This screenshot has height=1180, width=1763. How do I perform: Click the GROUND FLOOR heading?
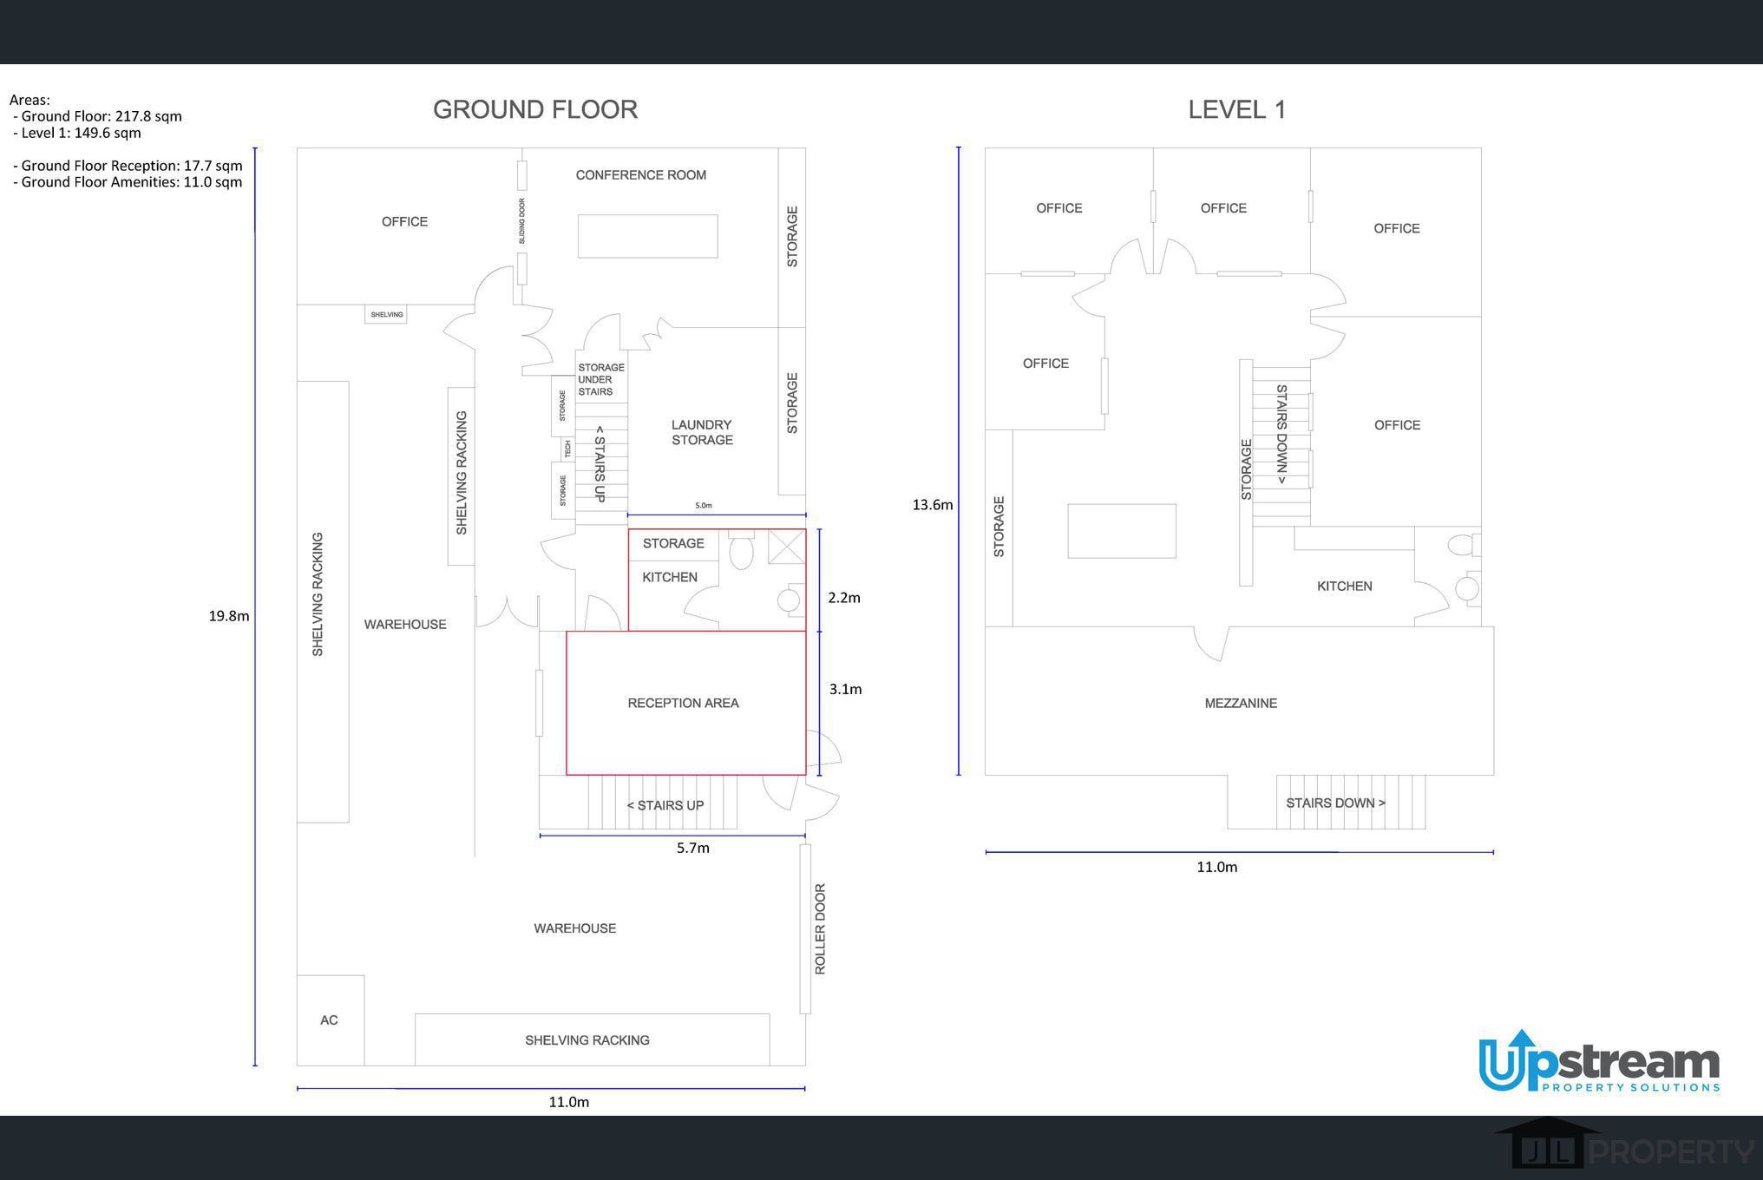(x=535, y=109)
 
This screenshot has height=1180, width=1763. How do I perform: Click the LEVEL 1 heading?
(x=1236, y=109)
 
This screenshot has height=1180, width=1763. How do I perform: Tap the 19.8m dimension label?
(x=229, y=616)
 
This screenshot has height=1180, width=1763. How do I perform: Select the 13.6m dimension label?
(x=933, y=505)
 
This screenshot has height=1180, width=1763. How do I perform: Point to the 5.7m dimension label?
(x=693, y=848)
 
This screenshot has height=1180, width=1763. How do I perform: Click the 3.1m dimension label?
(x=845, y=689)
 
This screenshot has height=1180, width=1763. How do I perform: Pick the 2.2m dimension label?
(x=844, y=598)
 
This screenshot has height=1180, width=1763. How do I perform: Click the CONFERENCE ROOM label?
(x=641, y=175)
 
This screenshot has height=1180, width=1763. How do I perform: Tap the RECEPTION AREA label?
(x=684, y=703)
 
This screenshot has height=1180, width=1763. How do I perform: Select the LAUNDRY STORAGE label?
(x=702, y=432)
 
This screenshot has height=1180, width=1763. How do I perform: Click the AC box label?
(x=329, y=1020)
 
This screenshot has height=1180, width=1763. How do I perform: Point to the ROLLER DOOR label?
(x=820, y=929)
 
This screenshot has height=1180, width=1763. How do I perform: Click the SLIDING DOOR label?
(x=521, y=220)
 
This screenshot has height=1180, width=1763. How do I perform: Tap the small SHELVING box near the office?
(x=386, y=314)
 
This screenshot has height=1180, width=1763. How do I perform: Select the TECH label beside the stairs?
(x=568, y=449)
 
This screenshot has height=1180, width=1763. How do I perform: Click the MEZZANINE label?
(x=1241, y=704)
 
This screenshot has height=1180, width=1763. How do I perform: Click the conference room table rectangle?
(x=648, y=236)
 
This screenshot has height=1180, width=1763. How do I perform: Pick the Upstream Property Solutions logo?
(x=1599, y=1062)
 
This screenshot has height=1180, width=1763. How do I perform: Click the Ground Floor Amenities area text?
(x=128, y=182)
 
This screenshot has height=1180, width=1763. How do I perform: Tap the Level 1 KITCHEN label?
(x=1345, y=587)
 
